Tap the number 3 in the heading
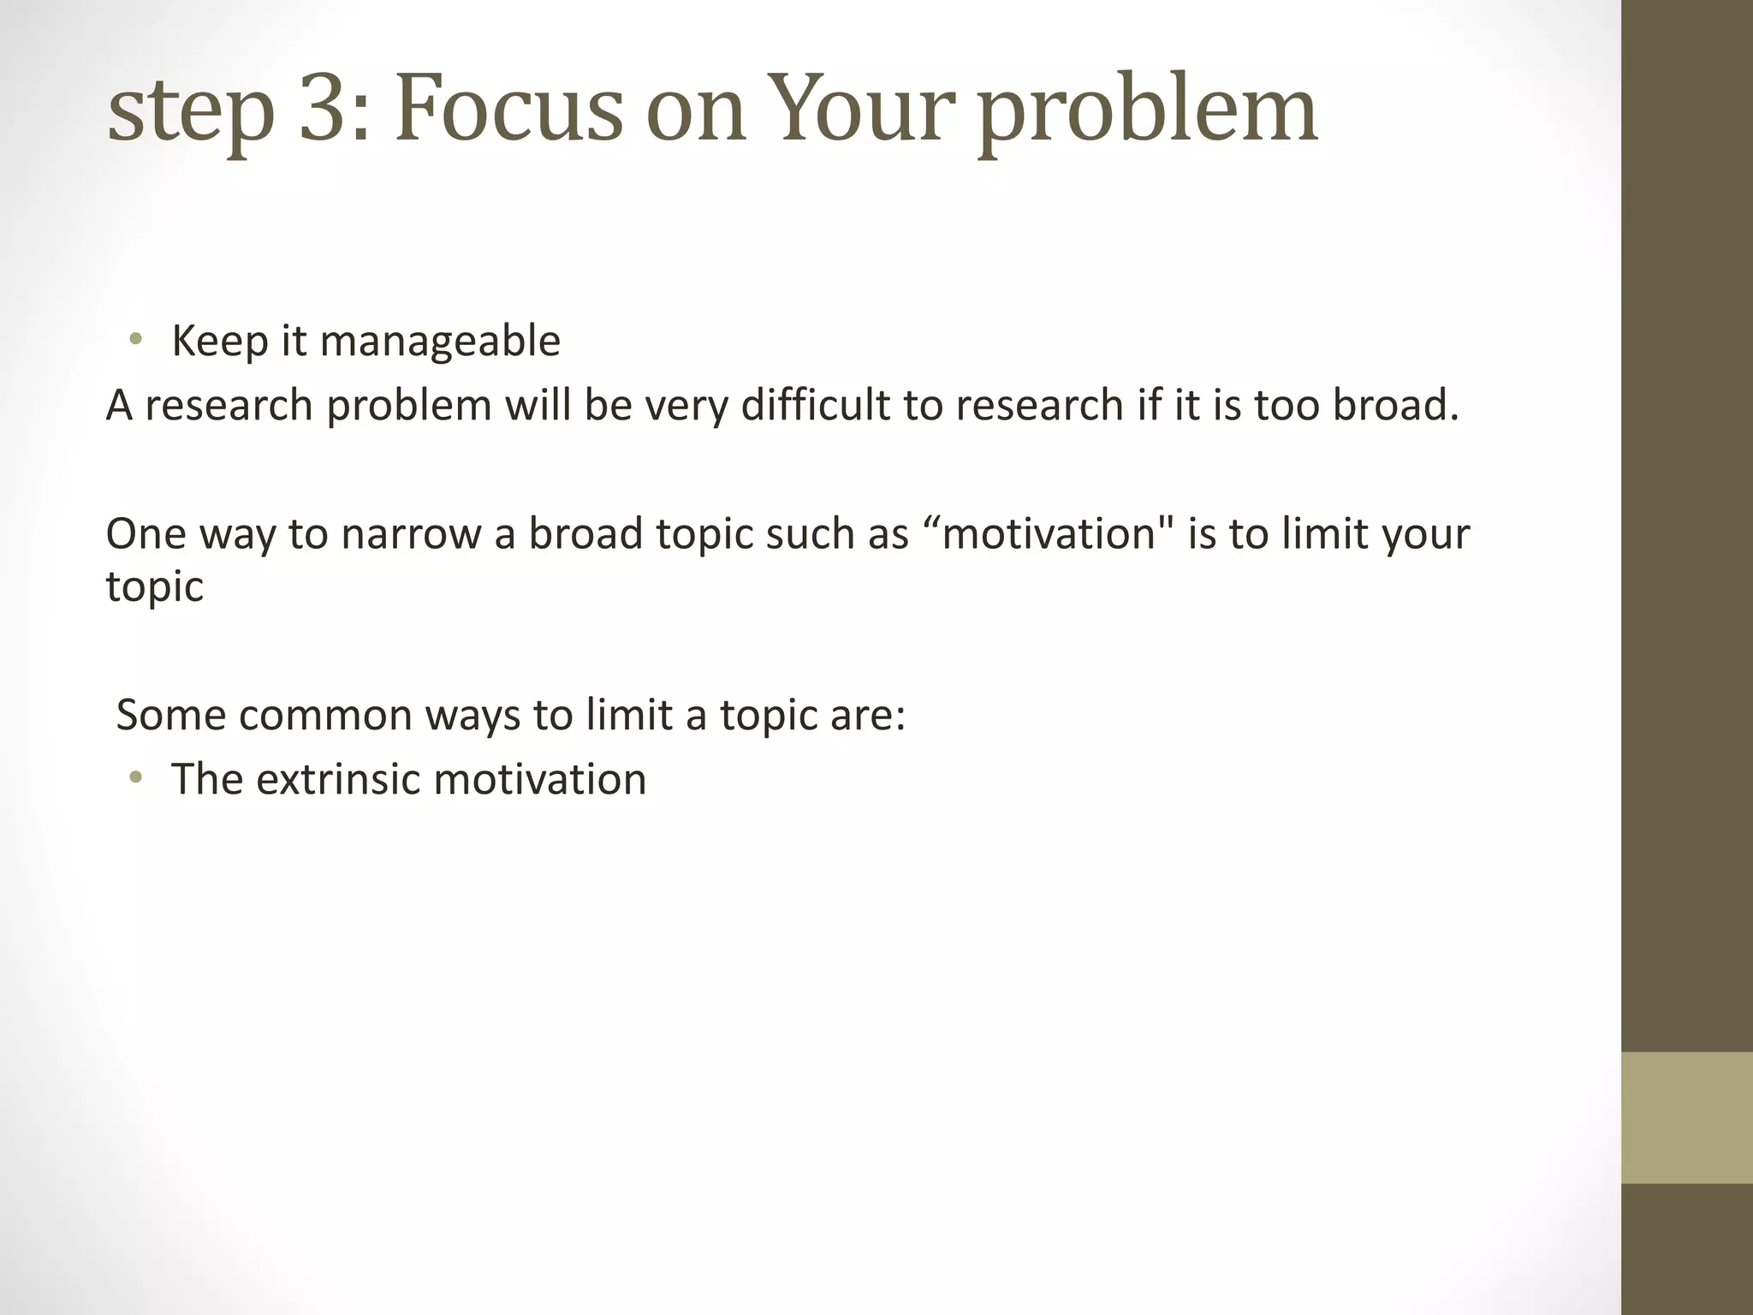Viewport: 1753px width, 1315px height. (328, 110)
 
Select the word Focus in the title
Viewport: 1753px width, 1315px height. (509, 110)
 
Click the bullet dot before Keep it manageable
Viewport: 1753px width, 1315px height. (134, 341)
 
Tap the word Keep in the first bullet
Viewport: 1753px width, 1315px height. (219, 341)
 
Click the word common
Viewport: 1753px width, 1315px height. (325, 715)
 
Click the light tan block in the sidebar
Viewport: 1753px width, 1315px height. (1686, 1117)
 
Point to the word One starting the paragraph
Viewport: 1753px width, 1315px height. (146, 534)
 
